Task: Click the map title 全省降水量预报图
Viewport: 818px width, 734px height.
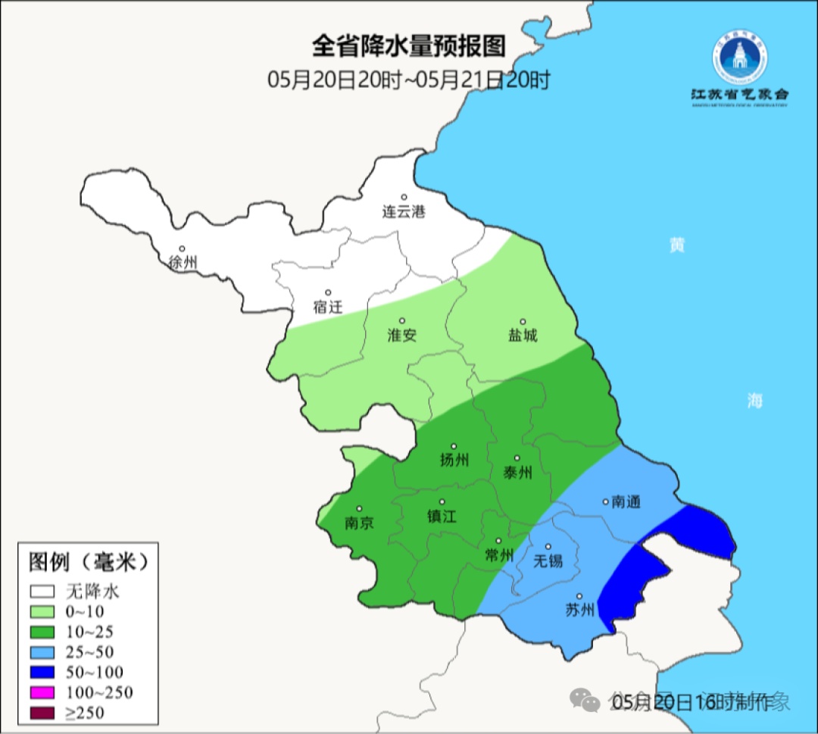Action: point(408,47)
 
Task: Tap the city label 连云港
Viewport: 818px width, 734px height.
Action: point(404,212)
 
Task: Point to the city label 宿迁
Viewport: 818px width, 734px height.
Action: point(328,307)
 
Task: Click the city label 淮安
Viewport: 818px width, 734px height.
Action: point(402,336)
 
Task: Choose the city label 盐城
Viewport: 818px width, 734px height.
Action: point(523,336)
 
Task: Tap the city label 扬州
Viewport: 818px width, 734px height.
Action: point(454,460)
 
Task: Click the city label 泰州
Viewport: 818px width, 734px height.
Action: point(517,473)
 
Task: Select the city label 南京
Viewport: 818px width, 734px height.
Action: point(359,523)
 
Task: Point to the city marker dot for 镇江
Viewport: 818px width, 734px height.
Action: point(442,501)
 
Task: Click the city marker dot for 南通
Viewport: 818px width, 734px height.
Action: point(605,501)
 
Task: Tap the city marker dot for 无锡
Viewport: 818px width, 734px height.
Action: point(548,546)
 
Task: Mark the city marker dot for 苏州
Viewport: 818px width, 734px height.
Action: point(579,596)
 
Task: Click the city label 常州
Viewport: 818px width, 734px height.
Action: point(499,555)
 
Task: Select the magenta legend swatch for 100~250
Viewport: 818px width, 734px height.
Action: point(42,692)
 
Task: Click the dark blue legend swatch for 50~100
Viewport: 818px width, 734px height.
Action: point(42,672)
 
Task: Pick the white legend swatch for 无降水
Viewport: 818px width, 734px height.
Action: point(42,591)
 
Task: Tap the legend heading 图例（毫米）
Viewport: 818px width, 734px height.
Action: point(87,562)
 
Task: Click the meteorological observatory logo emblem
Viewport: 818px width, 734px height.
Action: point(739,61)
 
